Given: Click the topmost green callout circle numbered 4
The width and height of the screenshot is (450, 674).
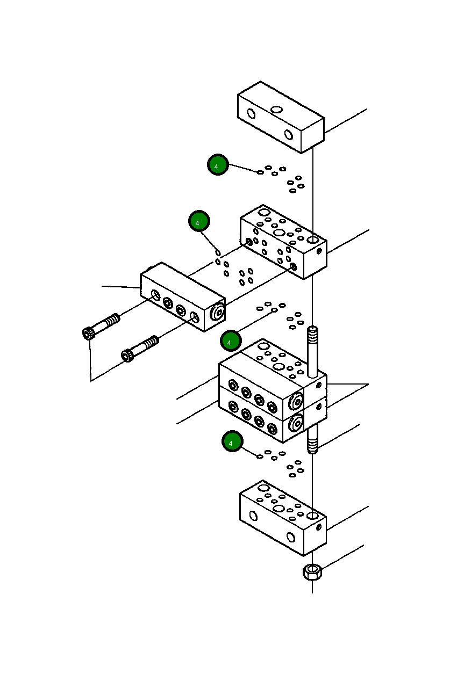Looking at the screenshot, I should tap(218, 165).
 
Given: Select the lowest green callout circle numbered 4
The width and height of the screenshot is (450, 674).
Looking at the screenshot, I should tap(232, 441).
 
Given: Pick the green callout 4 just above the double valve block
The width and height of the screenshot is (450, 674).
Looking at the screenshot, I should tap(231, 340).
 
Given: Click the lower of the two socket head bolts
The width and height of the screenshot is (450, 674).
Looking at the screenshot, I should tap(140, 347).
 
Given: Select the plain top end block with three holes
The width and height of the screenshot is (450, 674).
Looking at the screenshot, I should tap(280, 117).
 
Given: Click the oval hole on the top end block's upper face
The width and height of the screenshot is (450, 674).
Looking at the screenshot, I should tap(276, 110).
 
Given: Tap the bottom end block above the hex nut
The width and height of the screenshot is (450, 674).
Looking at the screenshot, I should tap(282, 518).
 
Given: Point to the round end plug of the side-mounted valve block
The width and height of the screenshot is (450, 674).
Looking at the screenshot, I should tap(218, 313).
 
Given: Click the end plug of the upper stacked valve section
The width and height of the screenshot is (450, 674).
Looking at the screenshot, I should tap(295, 402).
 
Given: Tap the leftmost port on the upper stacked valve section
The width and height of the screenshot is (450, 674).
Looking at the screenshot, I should tap(233, 385).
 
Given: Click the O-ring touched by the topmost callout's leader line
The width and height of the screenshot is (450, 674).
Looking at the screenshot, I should tap(260, 172).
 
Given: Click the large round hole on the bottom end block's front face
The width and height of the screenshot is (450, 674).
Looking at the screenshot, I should tap(291, 537).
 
